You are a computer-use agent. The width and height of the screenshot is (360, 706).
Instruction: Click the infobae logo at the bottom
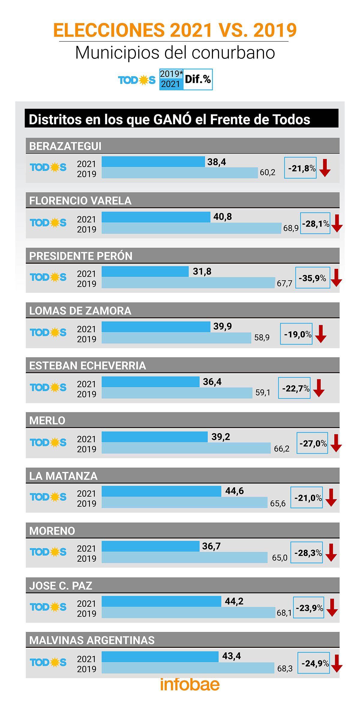click(x=190, y=684)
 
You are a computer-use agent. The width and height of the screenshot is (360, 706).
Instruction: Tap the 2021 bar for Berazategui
click(x=153, y=162)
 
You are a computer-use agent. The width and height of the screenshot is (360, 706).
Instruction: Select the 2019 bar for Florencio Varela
click(x=191, y=228)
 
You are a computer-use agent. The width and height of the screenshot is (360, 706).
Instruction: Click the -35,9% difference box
click(x=313, y=278)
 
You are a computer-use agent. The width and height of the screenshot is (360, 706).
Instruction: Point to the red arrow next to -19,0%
click(x=321, y=334)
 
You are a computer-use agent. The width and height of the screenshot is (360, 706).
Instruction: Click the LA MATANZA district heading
click(x=63, y=476)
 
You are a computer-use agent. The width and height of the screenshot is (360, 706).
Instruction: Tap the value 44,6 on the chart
click(x=234, y=491)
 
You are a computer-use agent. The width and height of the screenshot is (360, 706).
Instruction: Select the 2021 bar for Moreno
click(x=150, y=546)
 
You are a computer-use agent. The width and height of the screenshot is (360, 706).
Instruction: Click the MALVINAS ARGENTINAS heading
click(x=92, y=640)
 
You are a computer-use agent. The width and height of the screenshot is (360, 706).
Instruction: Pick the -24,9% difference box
click(x=313, y=662)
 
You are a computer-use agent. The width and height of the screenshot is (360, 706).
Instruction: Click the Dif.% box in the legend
click(x=198, y=80)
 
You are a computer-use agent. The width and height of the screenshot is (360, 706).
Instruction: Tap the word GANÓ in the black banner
click(x=172, y=119)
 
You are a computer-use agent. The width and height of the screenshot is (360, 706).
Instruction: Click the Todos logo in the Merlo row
click(x=48, y=443)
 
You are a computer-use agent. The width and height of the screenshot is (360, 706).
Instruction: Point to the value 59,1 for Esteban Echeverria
click(x=263, y=392)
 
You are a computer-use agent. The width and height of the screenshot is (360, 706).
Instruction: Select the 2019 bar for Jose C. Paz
click(x=188, y=613)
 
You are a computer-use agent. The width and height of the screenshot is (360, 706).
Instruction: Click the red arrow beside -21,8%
click(x=325, y=168)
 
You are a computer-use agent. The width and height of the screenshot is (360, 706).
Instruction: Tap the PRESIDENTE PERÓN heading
click(x=81, y=256)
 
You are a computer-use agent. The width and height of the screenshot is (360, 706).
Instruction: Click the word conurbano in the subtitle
click(x=233, y=53)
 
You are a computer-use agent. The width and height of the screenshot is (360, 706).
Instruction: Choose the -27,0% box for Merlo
click(x=312, y=443)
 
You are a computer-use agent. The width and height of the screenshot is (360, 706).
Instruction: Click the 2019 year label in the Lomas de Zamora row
click(x=86, y=339)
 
